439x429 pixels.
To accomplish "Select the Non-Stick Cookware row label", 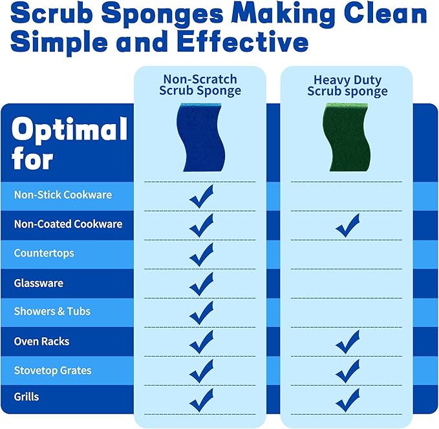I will pyautogui.click(x=63, y=194).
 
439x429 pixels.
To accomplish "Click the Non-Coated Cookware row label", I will pyautogui.click(x=68, y=224).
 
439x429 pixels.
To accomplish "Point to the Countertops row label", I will pyautogui.click(x=44, y=253).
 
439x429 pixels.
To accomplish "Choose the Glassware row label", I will pyautogui.click(x=39, y=283).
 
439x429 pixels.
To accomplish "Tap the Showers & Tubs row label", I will pyautogui.click(x=52, y=311).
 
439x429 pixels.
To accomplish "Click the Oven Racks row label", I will pyautogui.click(x=41, y=341).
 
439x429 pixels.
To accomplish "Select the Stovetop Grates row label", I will pyautogui.click(x=53, y=370).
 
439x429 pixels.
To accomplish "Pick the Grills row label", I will pyautogui.click(x=27, y=396).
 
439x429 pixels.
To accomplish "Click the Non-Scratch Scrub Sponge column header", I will pyautogui.click(x=200, y=85).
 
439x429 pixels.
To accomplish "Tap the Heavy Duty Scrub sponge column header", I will pyautogui.click(x=347, y=86).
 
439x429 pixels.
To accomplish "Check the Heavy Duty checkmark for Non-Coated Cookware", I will pyautogui.click(x=348, y=225).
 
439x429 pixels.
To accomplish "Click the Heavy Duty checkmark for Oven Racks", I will pyautogui.click(x=348, y=342).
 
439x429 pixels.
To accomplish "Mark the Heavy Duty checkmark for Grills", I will pyautogui.click(x=348, y=399).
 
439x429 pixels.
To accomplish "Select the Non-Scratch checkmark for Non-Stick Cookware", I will pyautogui.click(x=201, y=196).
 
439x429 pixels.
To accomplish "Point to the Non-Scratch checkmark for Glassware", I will pyautogui.click(x=201, y=284).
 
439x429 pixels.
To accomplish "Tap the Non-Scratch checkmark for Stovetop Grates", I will pyautogui.click(x=201, y=371).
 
